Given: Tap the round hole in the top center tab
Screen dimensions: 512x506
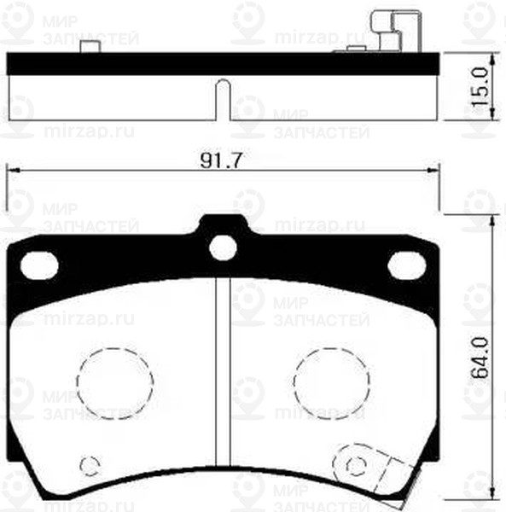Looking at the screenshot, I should [x=223, y=247].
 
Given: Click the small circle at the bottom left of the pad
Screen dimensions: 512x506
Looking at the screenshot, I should [x=88, y=465].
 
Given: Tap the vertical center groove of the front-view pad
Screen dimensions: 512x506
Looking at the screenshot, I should [x=223, y=367].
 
